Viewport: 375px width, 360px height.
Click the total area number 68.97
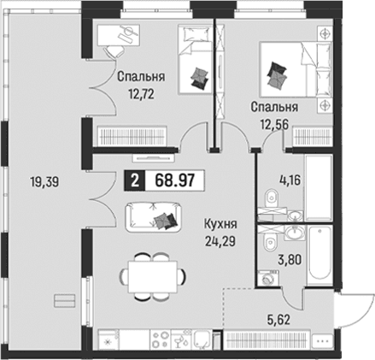(x=175, y=180)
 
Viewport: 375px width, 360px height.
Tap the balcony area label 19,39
(x=44, y=181)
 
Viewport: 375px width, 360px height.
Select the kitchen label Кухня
(x=220, y=224)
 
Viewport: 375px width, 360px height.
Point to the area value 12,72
(x=141, y=93)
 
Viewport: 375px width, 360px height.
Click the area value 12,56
(x=274, y=124)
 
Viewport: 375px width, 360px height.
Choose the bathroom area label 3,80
(x=290, y=260)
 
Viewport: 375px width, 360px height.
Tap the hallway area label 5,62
(x=279, y=320)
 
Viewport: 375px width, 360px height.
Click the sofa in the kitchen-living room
(x=153, y=217)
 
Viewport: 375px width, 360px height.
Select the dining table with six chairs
(x=153, y=276)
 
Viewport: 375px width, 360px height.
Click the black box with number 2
(x=135, y=180)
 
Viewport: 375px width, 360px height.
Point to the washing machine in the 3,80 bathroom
(x=268, y=278)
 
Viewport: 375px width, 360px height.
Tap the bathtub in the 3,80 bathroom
(x=320, y=256)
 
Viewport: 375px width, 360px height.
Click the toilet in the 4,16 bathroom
(x=271, y=198)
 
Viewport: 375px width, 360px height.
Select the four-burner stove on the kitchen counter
(x=160, y=339)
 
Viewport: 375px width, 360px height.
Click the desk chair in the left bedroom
(x=114, y=52)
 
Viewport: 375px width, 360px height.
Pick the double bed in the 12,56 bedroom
(x=296, y=69)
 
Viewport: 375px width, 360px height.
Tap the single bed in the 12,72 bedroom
(x=196, y=59)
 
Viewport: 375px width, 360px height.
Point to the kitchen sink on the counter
(x=202, y=339)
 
